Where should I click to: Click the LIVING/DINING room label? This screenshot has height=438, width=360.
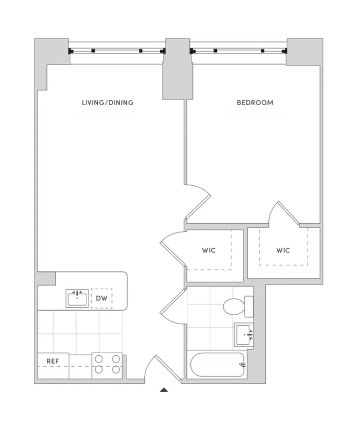click(107, 102)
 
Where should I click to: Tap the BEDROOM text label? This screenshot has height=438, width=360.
click(255, 102)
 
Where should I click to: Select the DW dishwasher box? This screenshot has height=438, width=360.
click(101, 299)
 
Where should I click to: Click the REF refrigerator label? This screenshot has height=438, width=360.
click(52, 360)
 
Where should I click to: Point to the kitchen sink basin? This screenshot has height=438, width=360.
click(76, 299)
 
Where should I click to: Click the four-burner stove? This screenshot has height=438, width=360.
click(107, 365)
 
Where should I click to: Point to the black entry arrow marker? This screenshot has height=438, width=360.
click(164, 389)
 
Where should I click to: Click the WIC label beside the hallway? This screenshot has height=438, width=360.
click(209, 250)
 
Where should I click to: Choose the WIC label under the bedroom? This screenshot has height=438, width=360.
click(283, 250)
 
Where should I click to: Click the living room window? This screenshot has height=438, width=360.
click(117, 51)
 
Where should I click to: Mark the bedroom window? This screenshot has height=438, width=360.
click(239, 51)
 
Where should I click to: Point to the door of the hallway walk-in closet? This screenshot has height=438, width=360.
click(173, 249)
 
